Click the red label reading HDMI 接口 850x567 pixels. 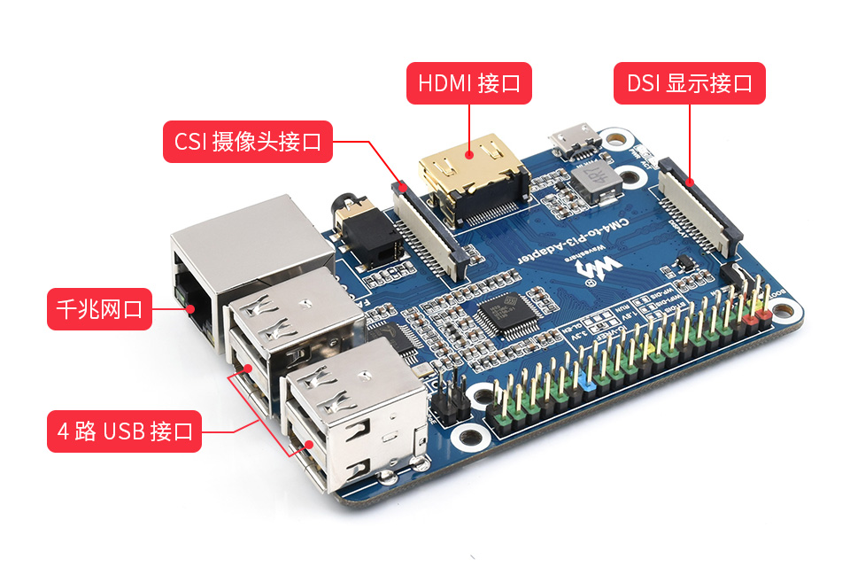tap(469, 84)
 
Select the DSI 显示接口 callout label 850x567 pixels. tap(690, 84)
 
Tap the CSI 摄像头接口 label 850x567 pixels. tap(248, 142)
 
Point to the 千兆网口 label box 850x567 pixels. tap(98, 309)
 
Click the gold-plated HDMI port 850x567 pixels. tap(474, 177)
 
